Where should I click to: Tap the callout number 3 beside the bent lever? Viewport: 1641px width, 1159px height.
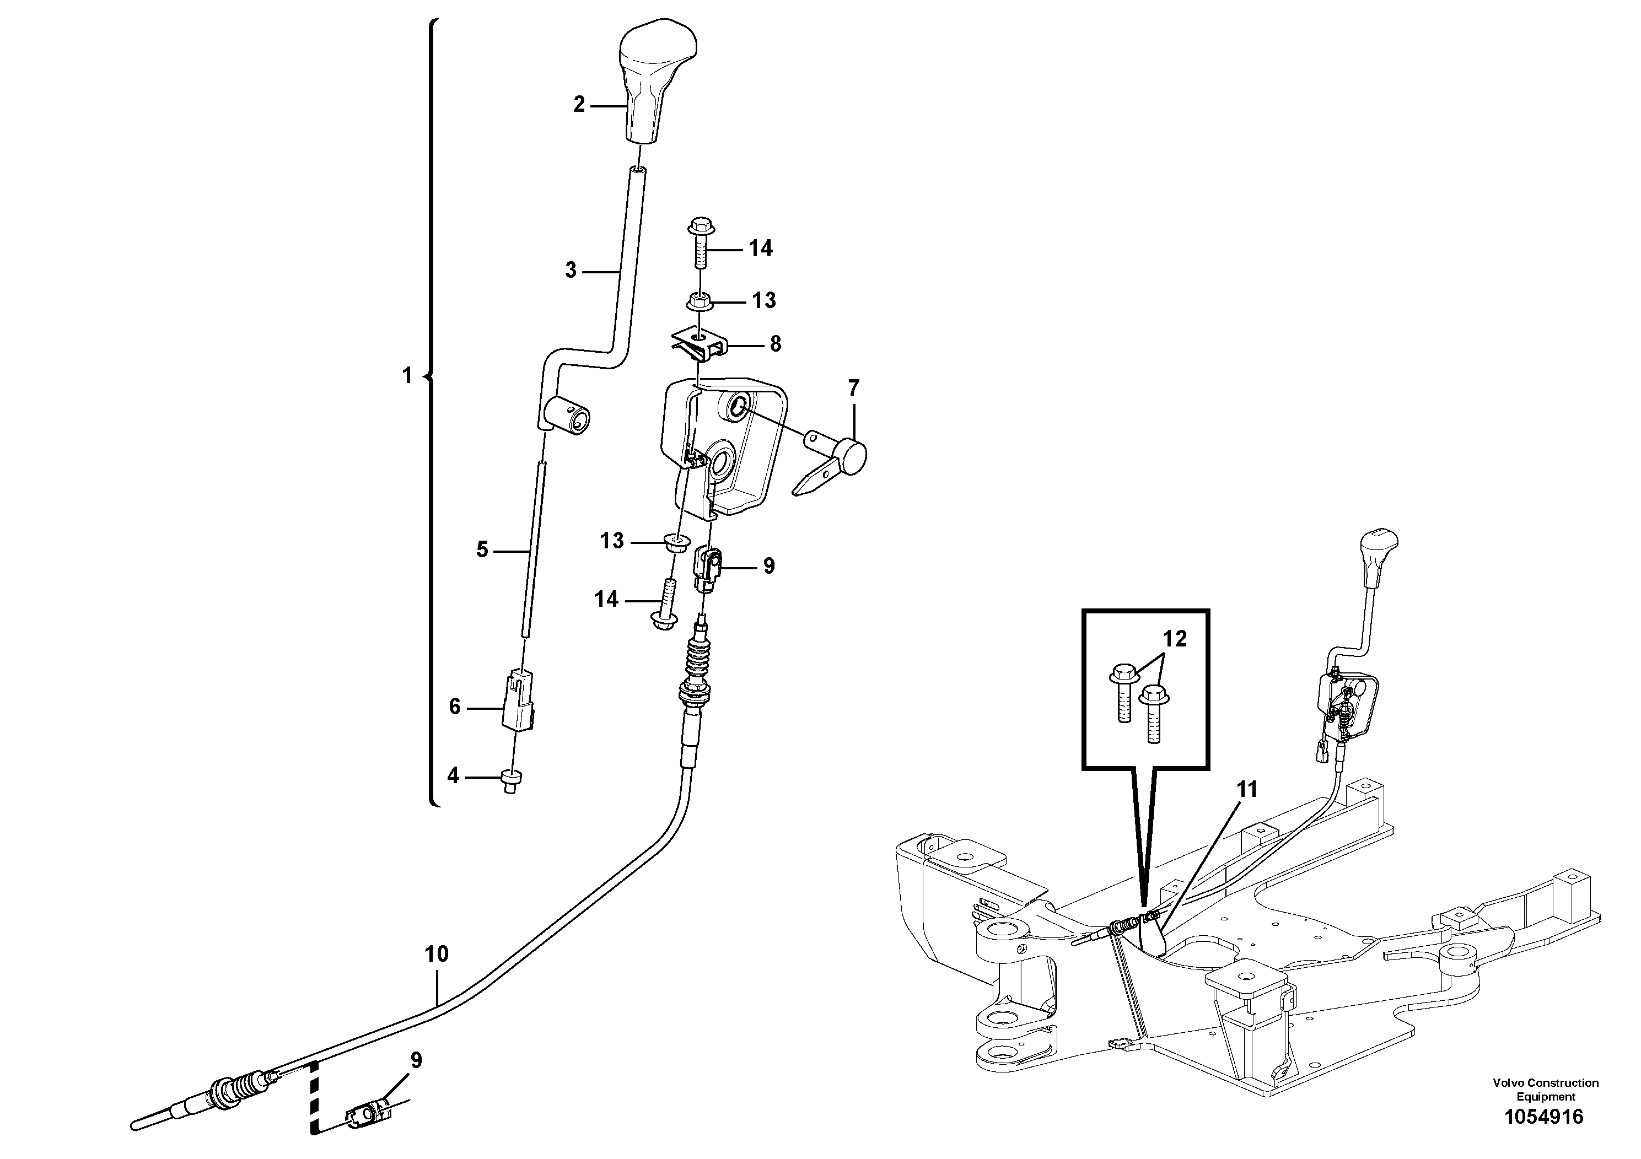coord(571,271)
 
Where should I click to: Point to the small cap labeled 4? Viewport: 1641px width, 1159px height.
coord(510,780)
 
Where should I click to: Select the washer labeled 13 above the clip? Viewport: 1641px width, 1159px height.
coord(699,301)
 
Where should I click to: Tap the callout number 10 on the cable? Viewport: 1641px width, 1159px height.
coord(436,954)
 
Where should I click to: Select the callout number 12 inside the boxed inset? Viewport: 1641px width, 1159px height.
coord(1174,638)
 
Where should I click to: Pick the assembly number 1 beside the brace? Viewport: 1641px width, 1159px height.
coord(407,375)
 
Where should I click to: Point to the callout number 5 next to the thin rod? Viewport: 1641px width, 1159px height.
coord(482,549)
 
